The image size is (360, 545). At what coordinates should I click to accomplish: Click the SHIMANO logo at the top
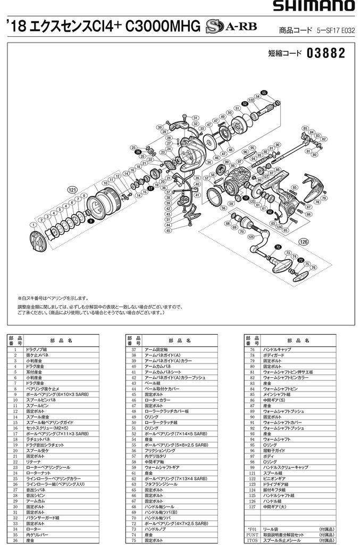tap(314, 6)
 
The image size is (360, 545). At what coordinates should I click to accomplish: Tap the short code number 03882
tap(326, 54)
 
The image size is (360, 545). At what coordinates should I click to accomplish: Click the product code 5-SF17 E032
tap(329, 31)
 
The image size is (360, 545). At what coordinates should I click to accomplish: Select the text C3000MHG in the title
tap(162, 25)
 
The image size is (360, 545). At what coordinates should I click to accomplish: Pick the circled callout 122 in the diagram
tap(252, 99)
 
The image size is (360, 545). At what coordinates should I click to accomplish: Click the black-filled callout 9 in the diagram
tap(91, 220)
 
